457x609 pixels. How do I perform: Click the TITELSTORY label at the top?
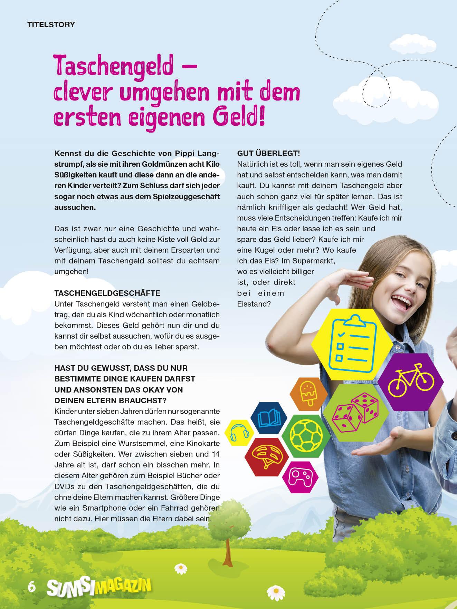point(51,25)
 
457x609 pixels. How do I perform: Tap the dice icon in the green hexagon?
point(355,411)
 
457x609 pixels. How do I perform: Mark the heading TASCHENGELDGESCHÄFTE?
point(107,293)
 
